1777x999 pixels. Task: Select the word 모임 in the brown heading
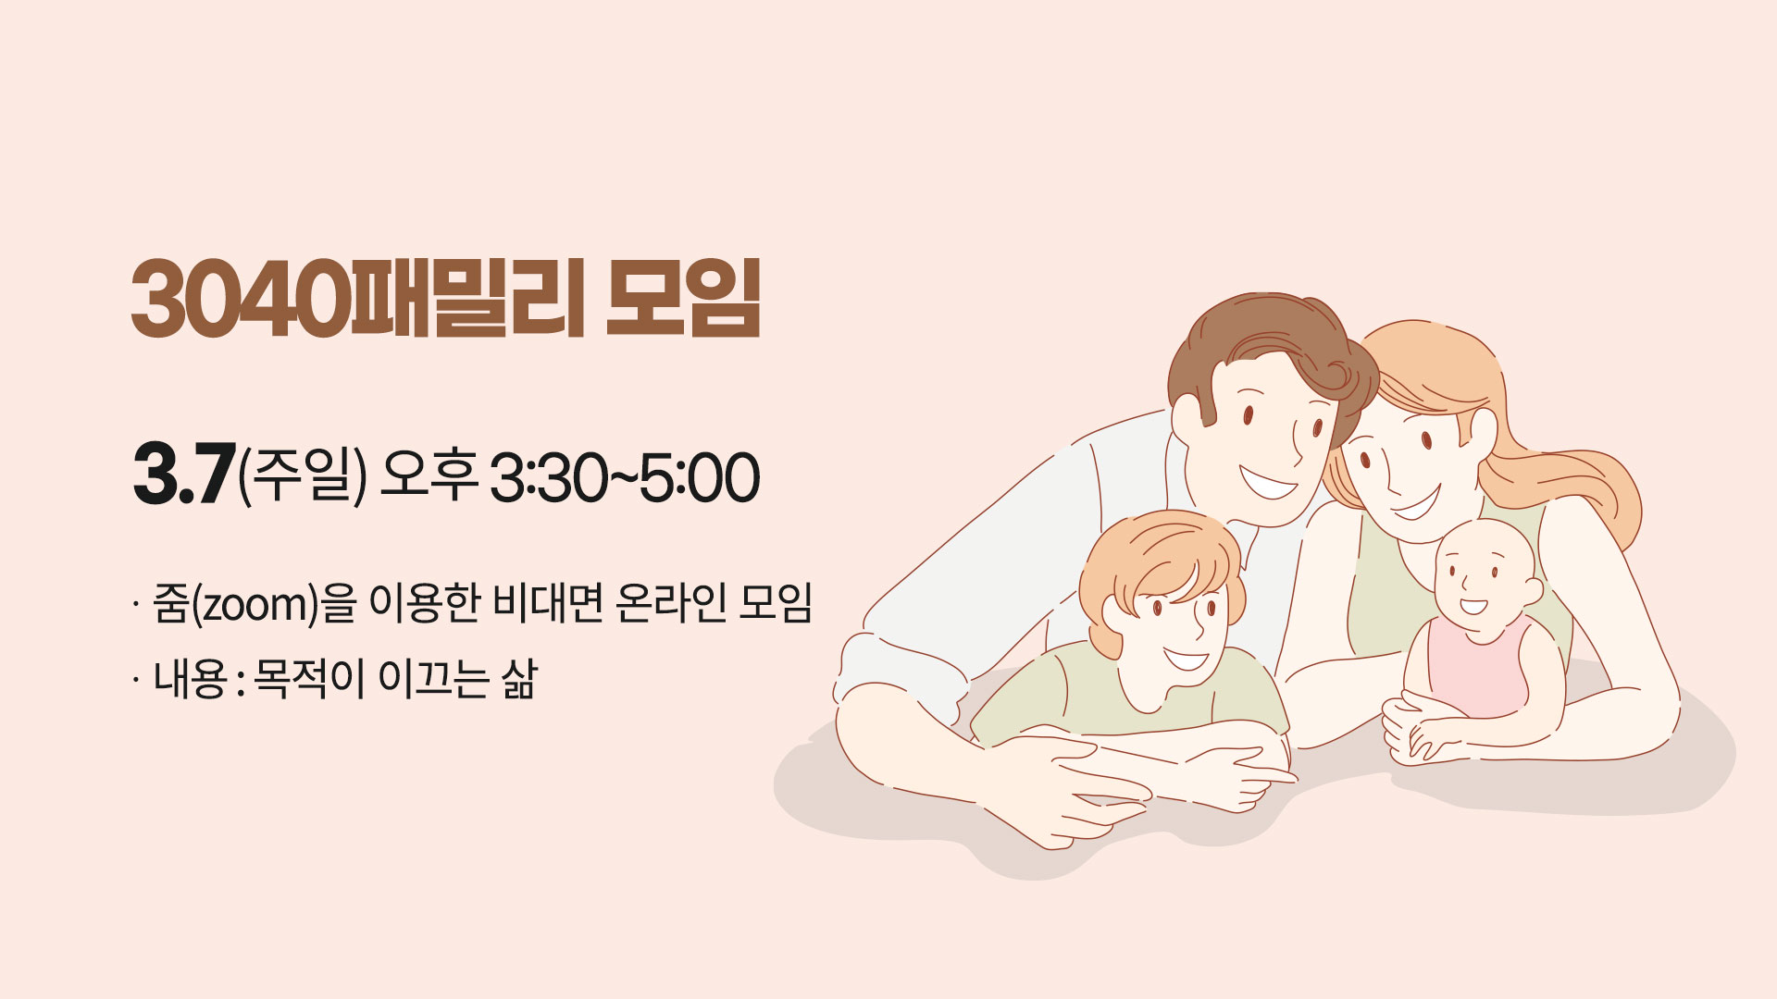pos(683,298)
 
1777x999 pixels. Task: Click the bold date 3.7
pos(183,477)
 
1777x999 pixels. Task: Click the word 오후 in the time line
pos(429,476)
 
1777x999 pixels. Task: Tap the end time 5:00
pos(699,478)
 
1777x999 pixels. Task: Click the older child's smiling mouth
pos(1186,660)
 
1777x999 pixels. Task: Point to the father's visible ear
pos(1188,421)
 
